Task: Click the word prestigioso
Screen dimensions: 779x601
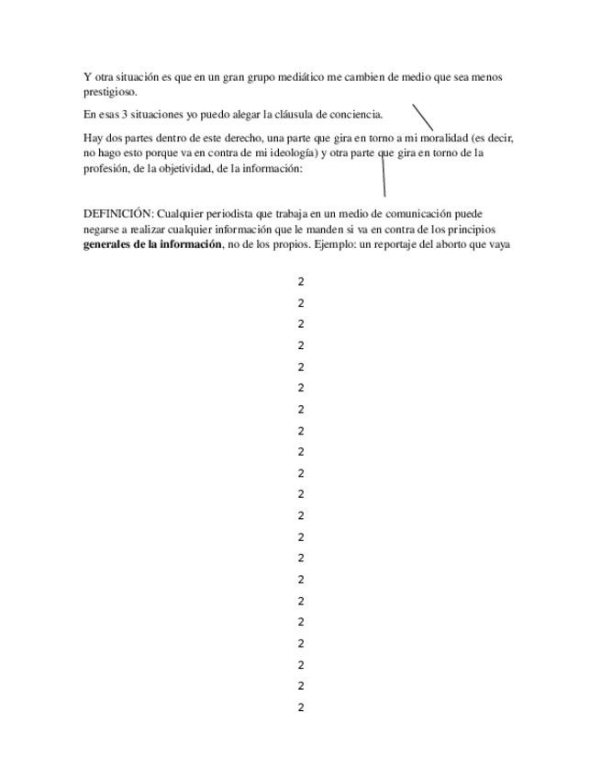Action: click(110, 92)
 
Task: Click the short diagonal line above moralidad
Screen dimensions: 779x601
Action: click(422, 117)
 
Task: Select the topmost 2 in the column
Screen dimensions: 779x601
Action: click(301, 282)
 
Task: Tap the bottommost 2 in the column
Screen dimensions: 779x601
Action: click(301, 707)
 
